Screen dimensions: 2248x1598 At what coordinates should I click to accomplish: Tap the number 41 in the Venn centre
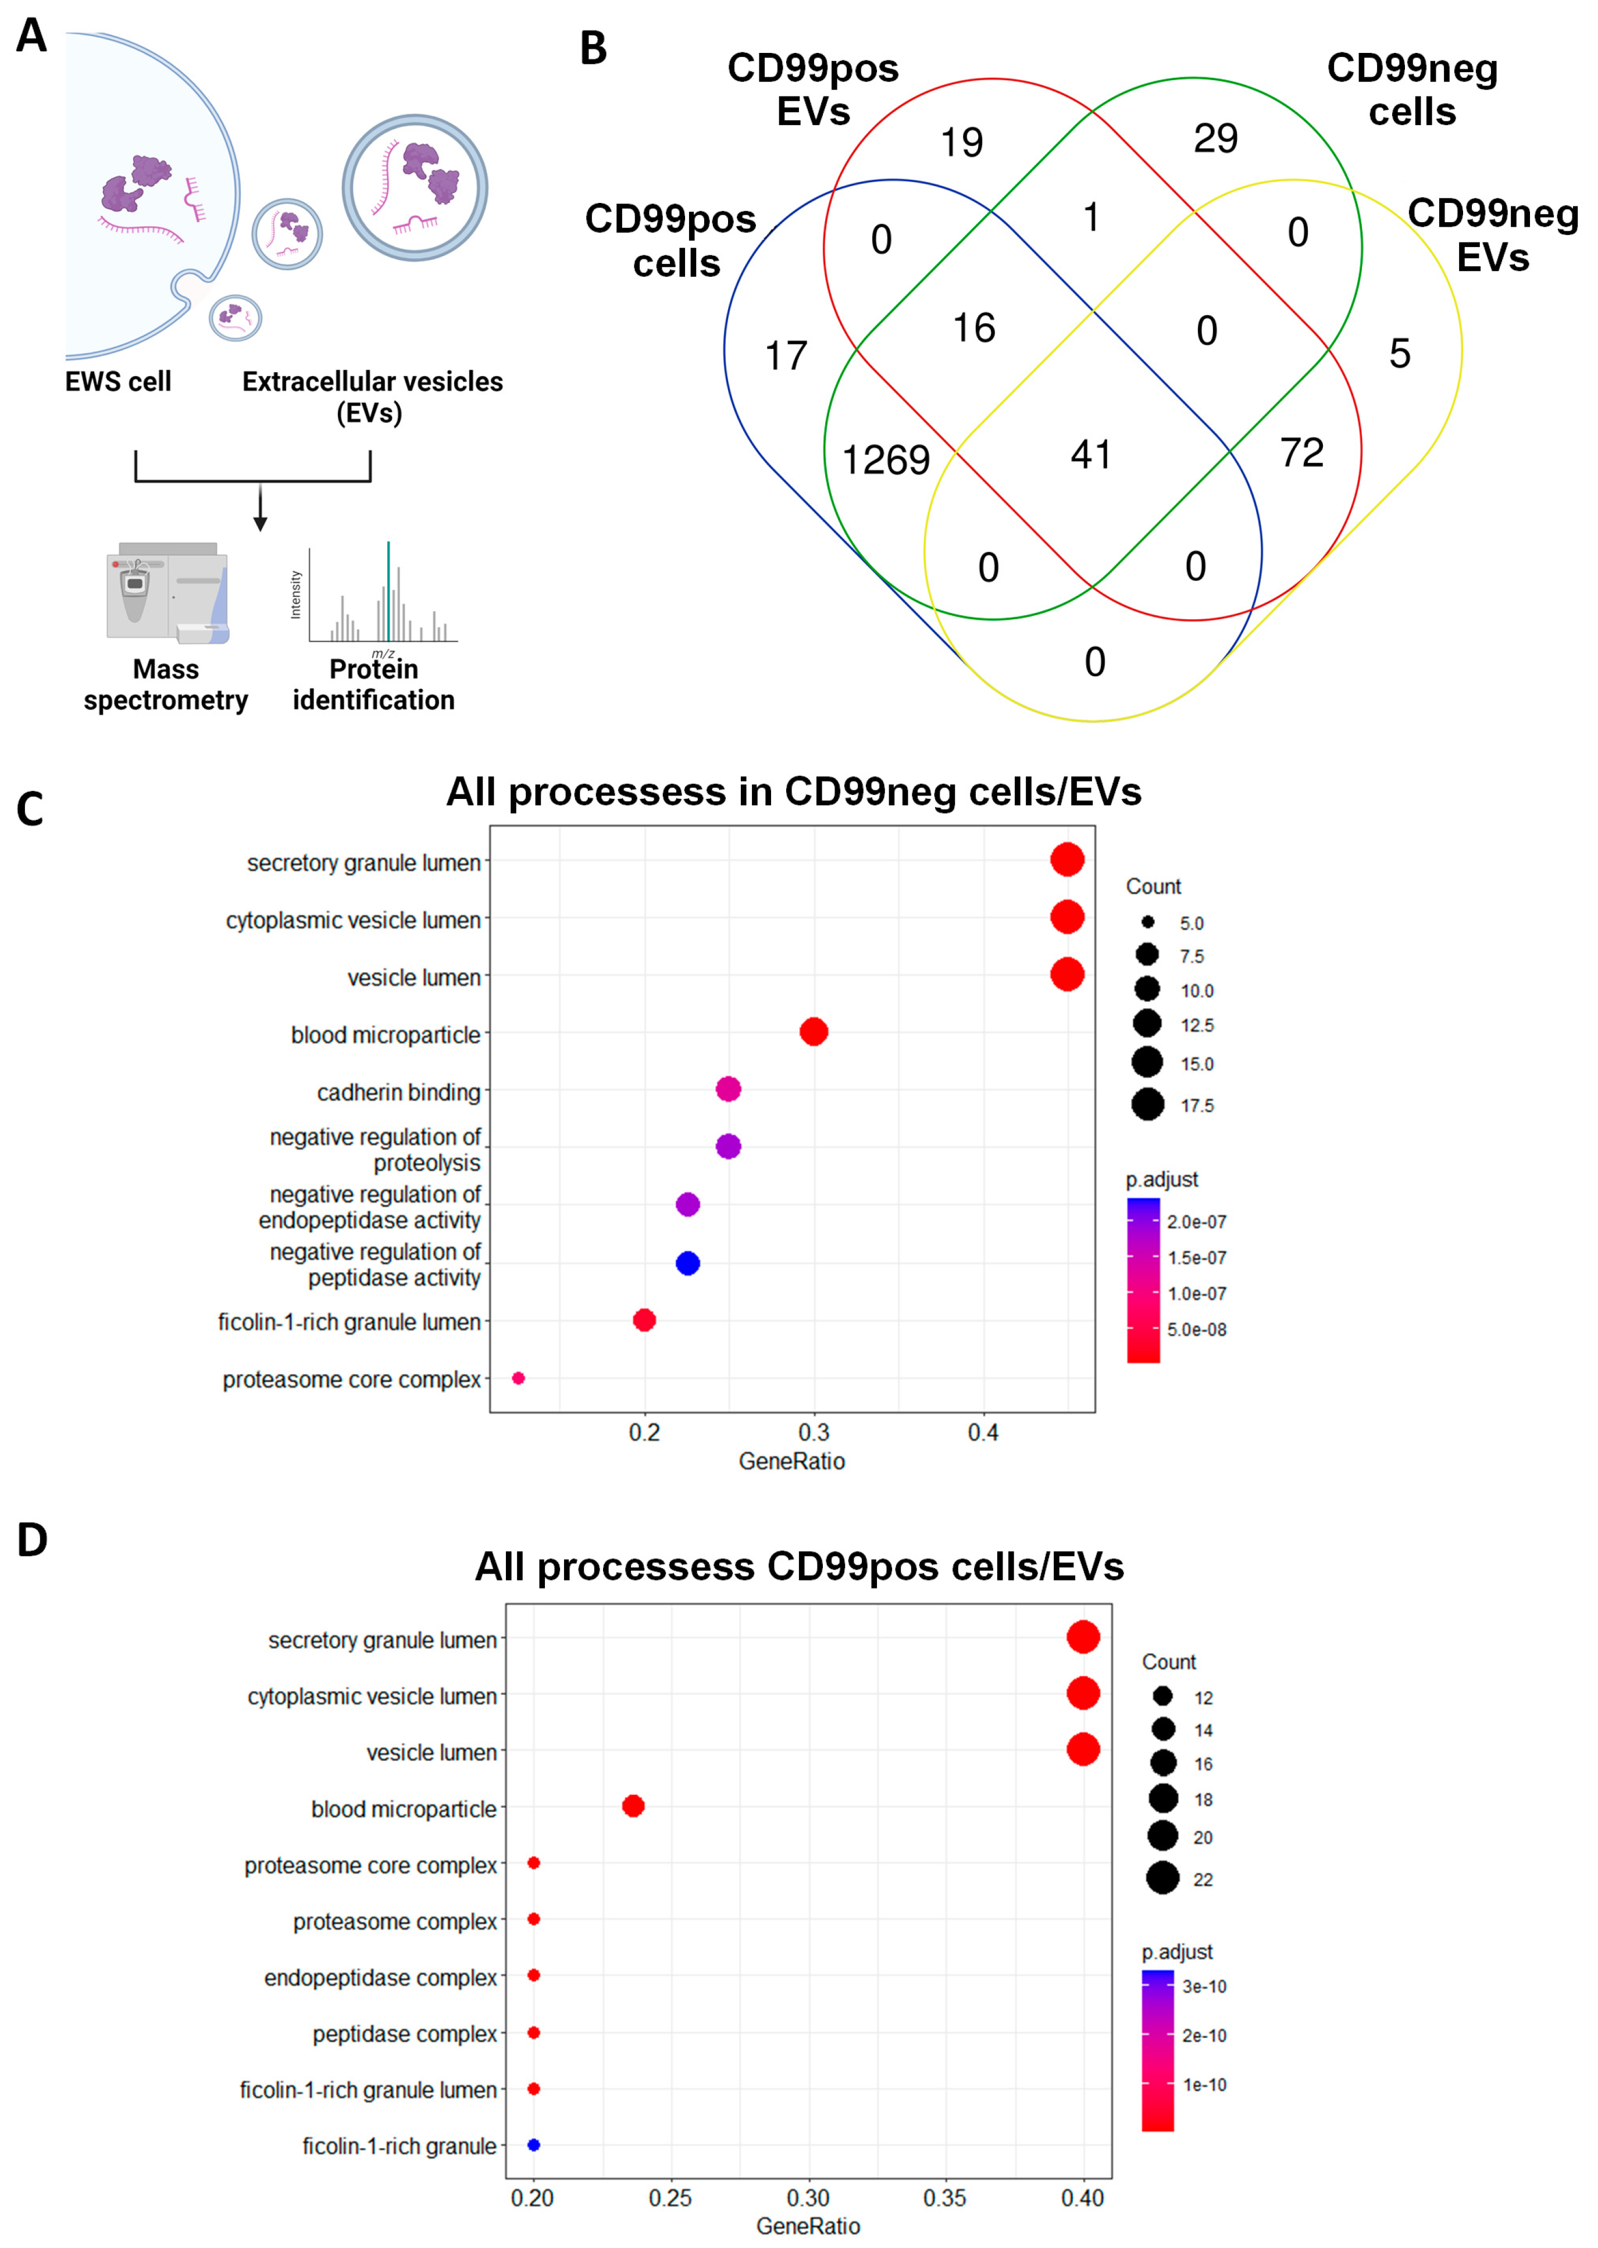coord(1092,455)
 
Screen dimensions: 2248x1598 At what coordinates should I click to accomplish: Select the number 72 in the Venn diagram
coord(1302,452)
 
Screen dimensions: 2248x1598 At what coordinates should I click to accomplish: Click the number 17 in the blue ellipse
coord(786,356)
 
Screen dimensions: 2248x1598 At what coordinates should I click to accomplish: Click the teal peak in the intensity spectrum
coord(388,590)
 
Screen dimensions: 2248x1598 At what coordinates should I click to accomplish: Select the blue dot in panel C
coord(688,1263)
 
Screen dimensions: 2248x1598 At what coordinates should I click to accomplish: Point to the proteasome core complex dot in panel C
coord(519,1378)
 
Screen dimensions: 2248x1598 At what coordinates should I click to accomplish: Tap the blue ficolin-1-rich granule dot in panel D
coord(533,2144)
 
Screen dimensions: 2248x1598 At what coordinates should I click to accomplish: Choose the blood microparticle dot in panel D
coord(634,1806)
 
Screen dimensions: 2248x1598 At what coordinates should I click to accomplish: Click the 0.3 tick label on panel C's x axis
coord(814,1432)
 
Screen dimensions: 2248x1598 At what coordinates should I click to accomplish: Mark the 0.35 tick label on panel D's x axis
coord(944,2198)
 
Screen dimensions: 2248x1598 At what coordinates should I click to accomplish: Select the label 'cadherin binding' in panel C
coord(398,1092)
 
